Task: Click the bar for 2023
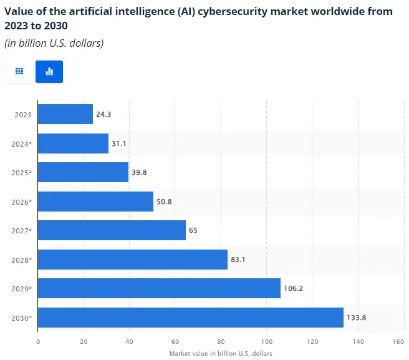[x=65, y=114]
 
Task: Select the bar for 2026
[x=95, y=202]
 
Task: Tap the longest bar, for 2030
[x=191, y=318]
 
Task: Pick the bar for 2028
[x=133, y=260]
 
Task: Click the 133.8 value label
[x=357, y=318]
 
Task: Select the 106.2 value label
[x=294, y=288]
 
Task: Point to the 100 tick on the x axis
[x=267, y=341]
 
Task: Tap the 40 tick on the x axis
[x=130, y=341]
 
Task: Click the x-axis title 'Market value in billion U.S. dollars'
[x=221, y=353]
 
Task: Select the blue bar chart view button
[x=49, y=72]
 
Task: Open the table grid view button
[x=19, y=72]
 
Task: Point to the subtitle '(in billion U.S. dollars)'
[x=54, y=43]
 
